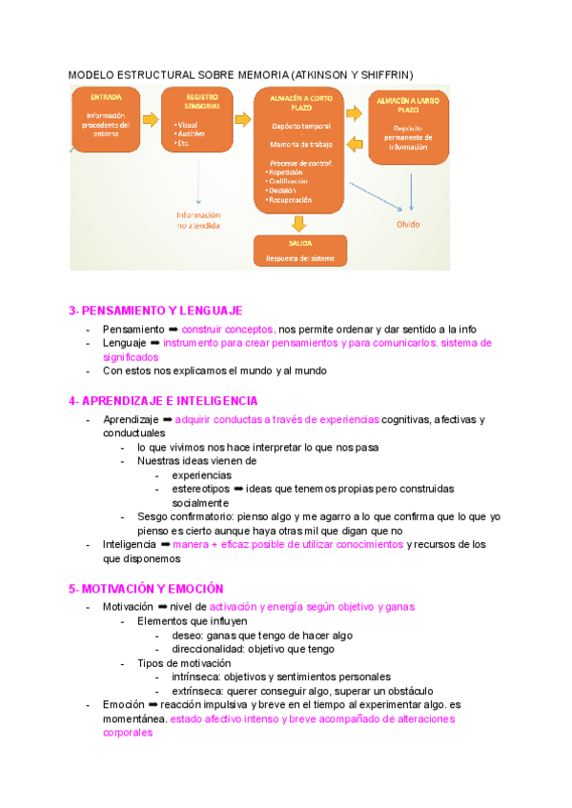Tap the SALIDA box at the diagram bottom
[x=299, y=251]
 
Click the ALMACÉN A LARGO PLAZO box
[x=408, y=124]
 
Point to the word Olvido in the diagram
[x=407, y=225]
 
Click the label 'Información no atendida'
[x=198, y=221]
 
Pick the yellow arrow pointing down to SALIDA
[x=299, y=224]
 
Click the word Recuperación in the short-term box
[x=291, y=200]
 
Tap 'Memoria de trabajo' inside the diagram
[x=299, y=144]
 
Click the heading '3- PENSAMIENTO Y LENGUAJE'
[x=155, y=311]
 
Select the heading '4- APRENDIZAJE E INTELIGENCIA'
[x=163, y=401]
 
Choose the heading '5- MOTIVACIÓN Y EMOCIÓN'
[x=146, y=589]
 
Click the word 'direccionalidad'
[x=210, y=649]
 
